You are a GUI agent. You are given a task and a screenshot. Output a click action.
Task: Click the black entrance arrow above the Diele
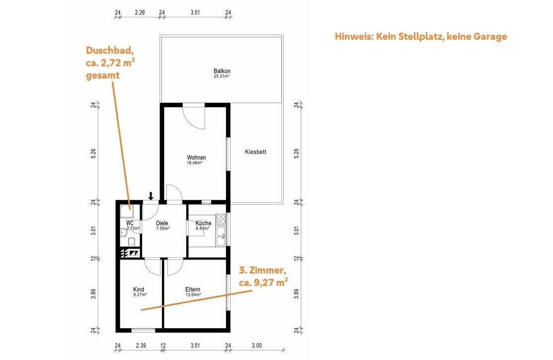click(151, 195)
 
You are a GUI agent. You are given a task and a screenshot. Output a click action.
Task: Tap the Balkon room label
click(222, 71)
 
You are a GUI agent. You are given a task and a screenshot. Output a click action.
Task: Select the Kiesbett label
click(255, 152)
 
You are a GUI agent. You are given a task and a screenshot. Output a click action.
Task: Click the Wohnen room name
click(196, 158)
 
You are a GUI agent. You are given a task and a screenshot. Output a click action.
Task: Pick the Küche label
click(203, 223)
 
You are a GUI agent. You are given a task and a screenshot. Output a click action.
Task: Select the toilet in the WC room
click(132, 241)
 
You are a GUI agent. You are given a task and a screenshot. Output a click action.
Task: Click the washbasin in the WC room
click(123, 231)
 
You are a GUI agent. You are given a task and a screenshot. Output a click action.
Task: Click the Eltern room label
click(193, 289)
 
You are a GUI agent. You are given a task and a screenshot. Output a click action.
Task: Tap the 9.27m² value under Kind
click(140, 295)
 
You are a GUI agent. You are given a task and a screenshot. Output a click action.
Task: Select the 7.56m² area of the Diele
click(162, 229)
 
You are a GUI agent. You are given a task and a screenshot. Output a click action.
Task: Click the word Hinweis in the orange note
click(353, 36)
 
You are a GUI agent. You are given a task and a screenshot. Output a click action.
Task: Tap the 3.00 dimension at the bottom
click(256, 346)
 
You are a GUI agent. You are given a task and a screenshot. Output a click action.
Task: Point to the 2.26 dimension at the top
click(140, 13)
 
